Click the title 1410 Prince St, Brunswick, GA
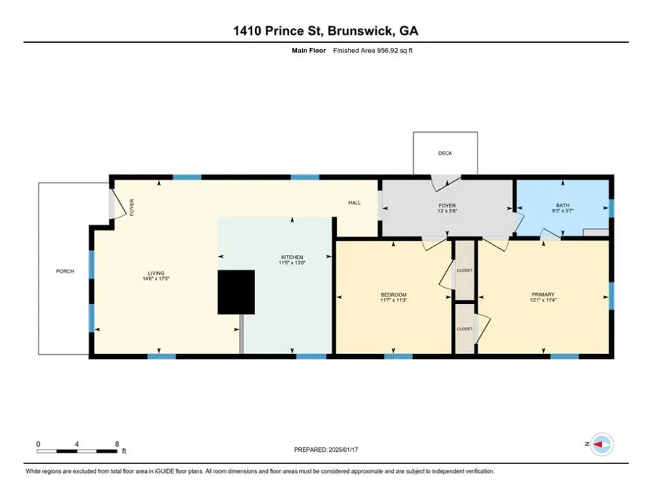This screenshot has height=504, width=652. [x=326, y=31]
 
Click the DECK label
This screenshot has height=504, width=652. [x=445, y=154]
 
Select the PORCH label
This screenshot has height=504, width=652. [x=65, y=272]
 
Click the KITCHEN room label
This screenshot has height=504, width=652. [x=292, y=257]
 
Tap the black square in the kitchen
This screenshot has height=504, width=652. [x=236, y=292]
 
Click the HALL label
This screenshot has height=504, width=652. [x=354, y=203]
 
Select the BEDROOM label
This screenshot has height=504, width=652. [x=393, y=294]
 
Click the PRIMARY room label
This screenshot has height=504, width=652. [x=543, y=294]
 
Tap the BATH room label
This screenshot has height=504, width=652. [x=561, y=205]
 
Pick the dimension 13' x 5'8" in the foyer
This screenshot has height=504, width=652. [x=447, y=212]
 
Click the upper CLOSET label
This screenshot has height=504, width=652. [x=464, y=270]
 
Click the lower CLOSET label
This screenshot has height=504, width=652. [x=464, y=329]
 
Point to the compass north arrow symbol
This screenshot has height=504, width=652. [x=598, y=444]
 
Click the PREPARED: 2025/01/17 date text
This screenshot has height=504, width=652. [x=326, y=450]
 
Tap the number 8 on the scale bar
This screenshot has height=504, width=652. [x=117, y=444]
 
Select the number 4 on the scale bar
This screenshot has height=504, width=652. [x=78, y=444]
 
